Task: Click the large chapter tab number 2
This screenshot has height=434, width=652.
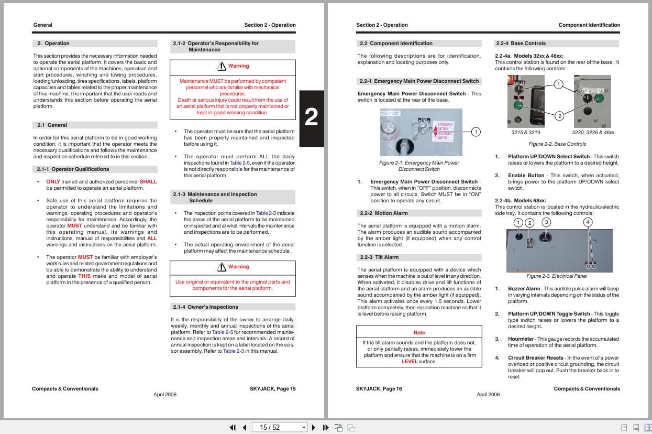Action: pyautogui.click(x=311, y=118)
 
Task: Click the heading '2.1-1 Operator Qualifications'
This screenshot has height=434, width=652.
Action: pyautogui.click(x=73, y=169)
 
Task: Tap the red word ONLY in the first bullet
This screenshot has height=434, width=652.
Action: pyautogui.click(x=53, y=182)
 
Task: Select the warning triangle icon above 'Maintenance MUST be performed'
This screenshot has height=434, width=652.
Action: pyautogui.click(x=222, y=66)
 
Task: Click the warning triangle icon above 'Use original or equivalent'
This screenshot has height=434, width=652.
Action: pyautogui.click(x=222, y=267)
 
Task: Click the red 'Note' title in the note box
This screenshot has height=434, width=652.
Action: pyautogui.click(x=419, y=333)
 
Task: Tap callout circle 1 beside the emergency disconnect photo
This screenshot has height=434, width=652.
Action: pyautogui.click(x=476, y=132)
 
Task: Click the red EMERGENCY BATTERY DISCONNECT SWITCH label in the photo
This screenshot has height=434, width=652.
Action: pyautogui.click(x=443, y=131)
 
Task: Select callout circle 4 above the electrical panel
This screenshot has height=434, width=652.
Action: pyautogui.click(x=588, y=222)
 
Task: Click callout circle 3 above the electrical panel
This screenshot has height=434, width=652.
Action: pyautogui.click(x=546, y=222)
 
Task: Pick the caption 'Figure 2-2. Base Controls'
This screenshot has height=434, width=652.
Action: pyautogui.click(x=557, y=144)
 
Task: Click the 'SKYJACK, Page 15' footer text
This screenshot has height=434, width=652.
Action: pyautogui.click(x=273, y=389)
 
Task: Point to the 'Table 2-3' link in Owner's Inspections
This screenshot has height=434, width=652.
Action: pyautogui.click(x=234, y=351)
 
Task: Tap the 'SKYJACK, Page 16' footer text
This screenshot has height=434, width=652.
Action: pyautogui.click(x=379, y=389)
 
